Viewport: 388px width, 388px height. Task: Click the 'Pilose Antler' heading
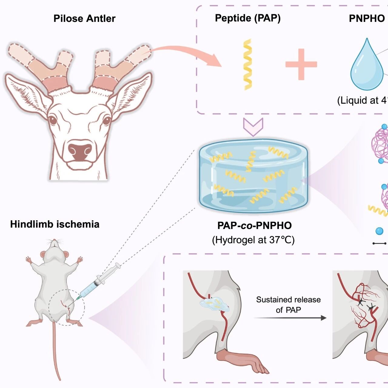pyautogui.click(x=84, y=19)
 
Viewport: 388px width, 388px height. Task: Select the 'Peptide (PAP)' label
pyautogui.click(x=248, y=18)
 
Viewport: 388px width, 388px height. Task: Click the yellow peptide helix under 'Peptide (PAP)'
pyautogui.click(x=248, y=64)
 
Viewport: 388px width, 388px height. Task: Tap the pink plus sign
pyautogui.click(x=301, y=64)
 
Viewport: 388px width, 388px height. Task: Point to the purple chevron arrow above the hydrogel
pyautogui.click(x=253, y=127)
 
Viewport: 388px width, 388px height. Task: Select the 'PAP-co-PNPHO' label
pyautogui.click(x=255, y=225)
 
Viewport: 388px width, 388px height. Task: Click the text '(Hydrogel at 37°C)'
pyautogui.click(x=253, y=240)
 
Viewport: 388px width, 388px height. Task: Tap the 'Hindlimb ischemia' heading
pyautogui.click(x=55, y=224)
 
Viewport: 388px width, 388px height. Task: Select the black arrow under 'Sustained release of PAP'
pyautogui.click(x=290, y=318)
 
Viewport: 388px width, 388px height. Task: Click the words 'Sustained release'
pyautogui.click(x=288, y=300)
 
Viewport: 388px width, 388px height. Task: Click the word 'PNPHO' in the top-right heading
pyautogui.click(x=367, y=19)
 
